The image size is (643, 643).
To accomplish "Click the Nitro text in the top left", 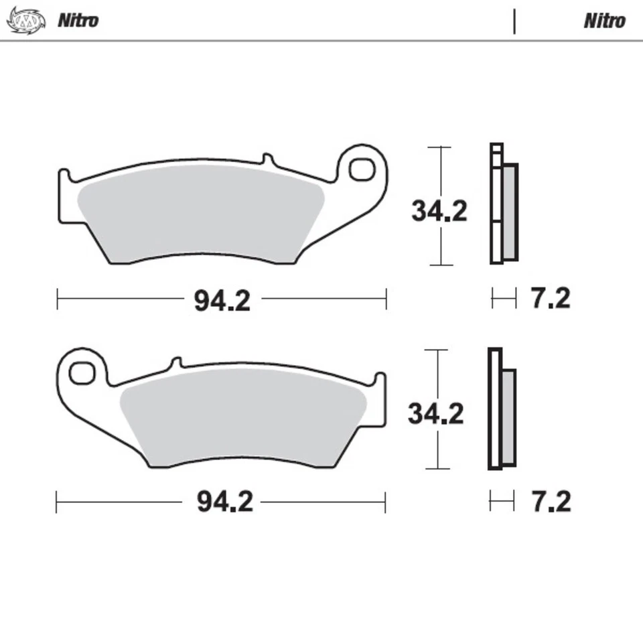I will click(x=78, y=20).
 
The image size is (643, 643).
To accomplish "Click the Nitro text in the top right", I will click(x=604, y=21).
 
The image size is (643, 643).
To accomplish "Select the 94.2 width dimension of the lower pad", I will click(x=224, y=501).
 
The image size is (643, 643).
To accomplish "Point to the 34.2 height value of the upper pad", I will click(x=439, y=212).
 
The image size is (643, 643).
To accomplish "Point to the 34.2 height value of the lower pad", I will click(x=435, y=414).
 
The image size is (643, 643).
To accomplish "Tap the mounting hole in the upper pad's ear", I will click(x=361, y=169).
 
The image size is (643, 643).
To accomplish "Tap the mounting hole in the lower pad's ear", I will click(x=82, y=373).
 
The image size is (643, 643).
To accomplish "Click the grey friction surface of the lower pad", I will click(x=241, y=415).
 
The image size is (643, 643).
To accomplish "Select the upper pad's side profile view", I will click(x=504, y=204).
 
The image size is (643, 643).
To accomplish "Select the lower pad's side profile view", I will click(x=502, y=409).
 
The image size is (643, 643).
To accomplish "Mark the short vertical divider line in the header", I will click(x=514, y=21).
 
